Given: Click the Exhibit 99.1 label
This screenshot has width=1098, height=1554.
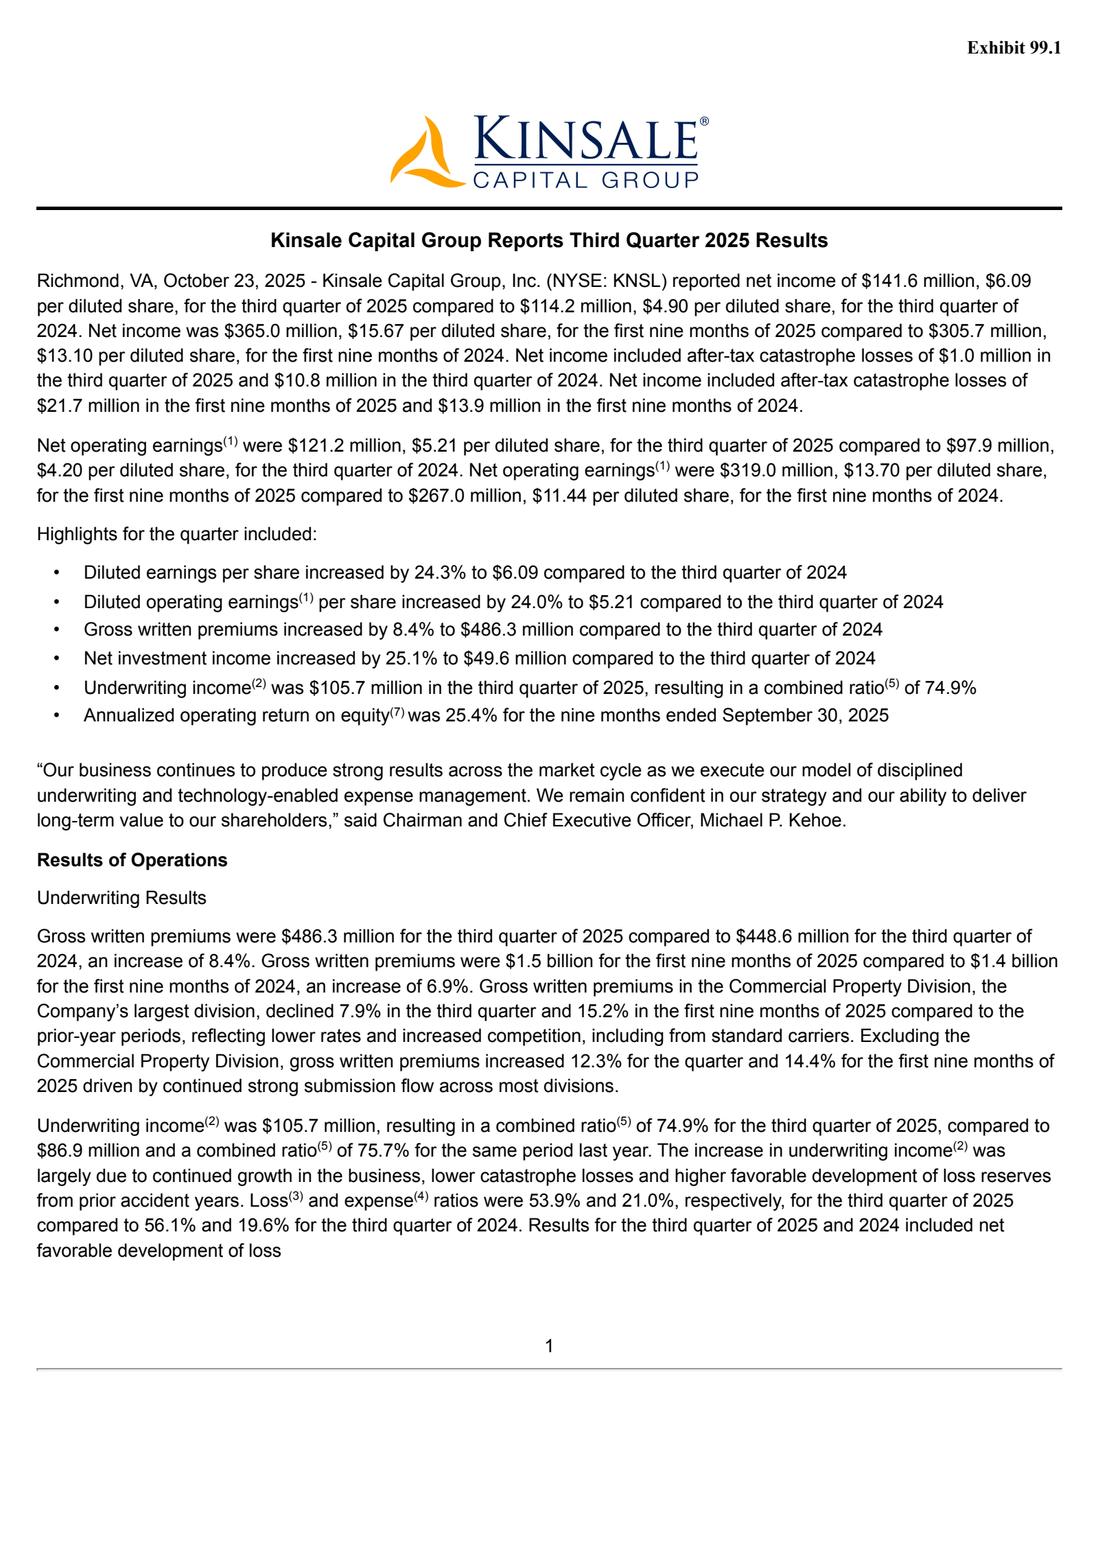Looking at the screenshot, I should pyautogui.click(x=1014, y=47).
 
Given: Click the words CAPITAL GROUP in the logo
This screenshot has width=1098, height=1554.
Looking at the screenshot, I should pyautogui.click(x=585, y=180).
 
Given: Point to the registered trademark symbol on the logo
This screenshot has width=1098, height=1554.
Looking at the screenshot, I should pyautogui.click(x=704, y=121).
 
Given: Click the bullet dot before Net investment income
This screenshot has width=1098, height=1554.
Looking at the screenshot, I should pyautogui.click(x=57, y=658).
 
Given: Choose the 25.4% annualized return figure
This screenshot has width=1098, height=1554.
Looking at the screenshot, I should pyautogui.click(x=471, y=715).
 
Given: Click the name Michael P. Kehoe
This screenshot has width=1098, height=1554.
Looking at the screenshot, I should pyautogui.click(x=771, y=820).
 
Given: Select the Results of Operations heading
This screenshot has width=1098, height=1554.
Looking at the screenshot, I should pyautogui.click(x=132, y=860).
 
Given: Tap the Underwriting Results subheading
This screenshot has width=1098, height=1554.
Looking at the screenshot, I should pyautogui.click(x=121, y=898).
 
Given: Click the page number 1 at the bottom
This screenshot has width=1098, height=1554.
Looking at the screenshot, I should pyautogui.click(x=549, y=1346).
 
